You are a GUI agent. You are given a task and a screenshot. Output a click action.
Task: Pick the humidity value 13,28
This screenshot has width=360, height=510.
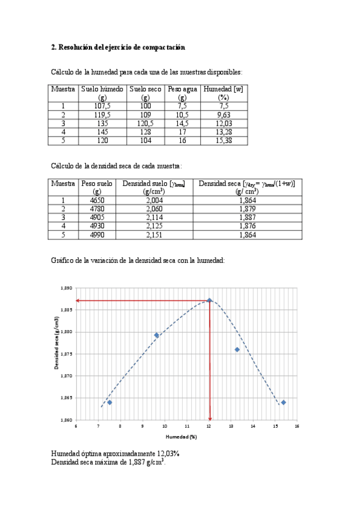[224, 132]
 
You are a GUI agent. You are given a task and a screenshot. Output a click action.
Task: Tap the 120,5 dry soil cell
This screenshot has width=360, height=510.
[145, 123]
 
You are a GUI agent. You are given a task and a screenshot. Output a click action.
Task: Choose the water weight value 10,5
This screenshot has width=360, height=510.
[182, 114]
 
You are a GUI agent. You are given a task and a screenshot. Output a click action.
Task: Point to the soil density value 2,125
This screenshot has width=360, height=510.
[154, 226]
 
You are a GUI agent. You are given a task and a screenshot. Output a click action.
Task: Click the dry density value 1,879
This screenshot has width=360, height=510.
[246, 209]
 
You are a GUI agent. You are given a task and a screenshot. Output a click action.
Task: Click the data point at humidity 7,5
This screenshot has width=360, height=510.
[109, 402]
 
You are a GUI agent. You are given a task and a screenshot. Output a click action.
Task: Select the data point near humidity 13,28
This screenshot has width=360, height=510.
[237, 349]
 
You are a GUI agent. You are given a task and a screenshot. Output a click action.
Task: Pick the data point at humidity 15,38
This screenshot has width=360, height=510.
[283, 402]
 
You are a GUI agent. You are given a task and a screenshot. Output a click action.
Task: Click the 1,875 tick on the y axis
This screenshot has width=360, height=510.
[66, 354]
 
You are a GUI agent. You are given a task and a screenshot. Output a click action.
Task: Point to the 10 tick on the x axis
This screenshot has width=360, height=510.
[165, 426]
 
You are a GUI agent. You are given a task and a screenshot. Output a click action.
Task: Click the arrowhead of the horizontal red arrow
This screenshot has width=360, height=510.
[78, 300]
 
